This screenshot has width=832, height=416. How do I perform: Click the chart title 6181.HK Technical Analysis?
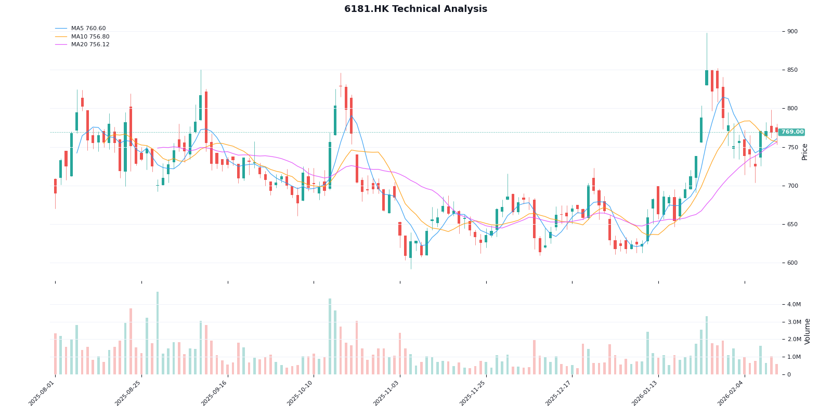click(415, 9)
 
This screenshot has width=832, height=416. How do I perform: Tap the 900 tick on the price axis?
click(792, 32)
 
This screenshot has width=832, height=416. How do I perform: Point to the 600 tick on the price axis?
click(792, 263)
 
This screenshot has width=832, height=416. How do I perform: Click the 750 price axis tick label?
click(792, 148)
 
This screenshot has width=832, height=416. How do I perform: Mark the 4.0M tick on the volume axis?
click(794, 305)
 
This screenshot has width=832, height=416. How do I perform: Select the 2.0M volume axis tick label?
click(794, 340)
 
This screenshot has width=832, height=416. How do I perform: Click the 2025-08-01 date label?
click(42, 394)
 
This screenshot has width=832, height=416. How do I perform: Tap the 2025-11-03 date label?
click(386, 394)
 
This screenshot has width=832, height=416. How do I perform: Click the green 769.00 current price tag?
click(792, 132)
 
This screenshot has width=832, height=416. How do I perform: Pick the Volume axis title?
click(808, 331)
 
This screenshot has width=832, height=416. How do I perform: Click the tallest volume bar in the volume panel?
click(158, 333)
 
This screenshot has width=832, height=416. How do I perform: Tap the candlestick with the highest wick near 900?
click(707, 78)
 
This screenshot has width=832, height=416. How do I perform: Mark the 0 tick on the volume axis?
click(789, 374)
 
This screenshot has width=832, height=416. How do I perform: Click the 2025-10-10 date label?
click(300, 394)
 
